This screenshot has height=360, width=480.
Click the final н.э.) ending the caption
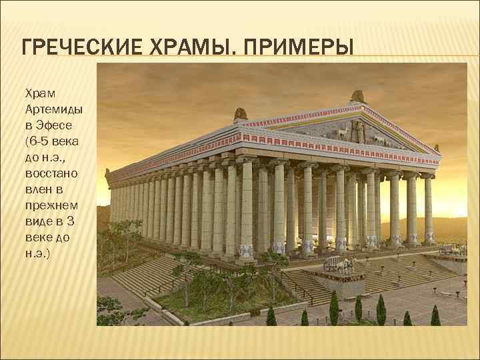tap(38, 254)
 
